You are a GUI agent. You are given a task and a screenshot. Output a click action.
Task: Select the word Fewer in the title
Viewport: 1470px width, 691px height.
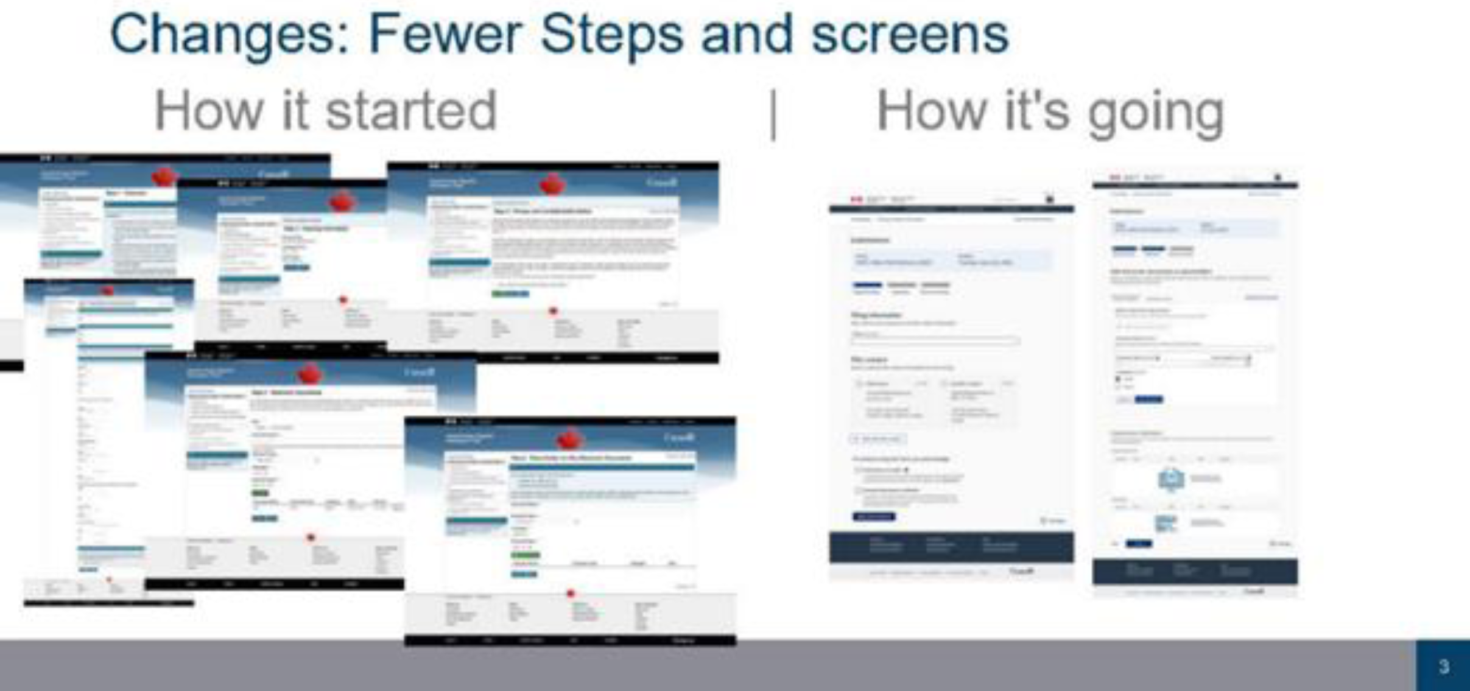tap(445, 34)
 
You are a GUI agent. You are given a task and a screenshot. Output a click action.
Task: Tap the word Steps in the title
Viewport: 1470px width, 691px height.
tap(612, 34)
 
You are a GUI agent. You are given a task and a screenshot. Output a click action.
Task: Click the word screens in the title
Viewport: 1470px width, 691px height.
tap(910, 35)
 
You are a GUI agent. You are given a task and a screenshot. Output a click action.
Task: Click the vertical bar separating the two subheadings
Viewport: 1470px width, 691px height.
tap(773, 114)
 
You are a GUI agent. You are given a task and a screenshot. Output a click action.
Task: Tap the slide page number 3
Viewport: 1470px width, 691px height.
tap(1443, 666)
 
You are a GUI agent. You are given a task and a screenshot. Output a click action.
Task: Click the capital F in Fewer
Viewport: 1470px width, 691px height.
tap(381, 34)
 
